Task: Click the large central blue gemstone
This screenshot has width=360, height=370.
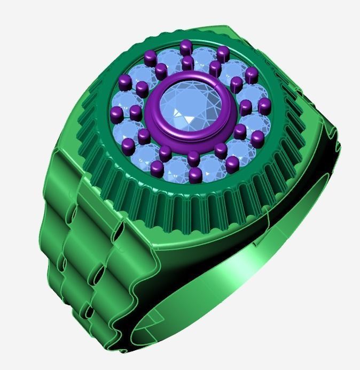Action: (185, 110)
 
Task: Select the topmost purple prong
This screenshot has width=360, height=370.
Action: (185, 47)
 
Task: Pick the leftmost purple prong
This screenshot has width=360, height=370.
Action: (115, 113)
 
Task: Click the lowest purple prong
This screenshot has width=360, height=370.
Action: (195, 174)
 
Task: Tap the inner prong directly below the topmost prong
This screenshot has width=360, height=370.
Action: (187, 63)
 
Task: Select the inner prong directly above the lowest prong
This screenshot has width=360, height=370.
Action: (193, 157)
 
